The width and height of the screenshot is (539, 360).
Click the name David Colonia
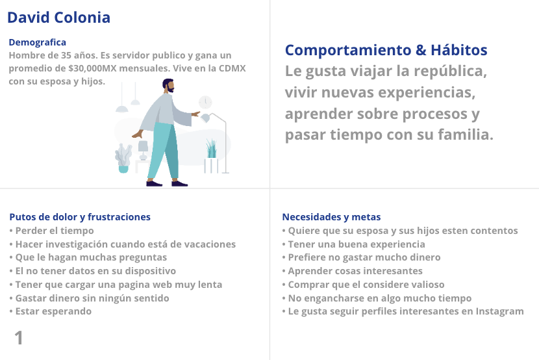[59, 18]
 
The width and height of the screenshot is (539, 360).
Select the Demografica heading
[38, 42]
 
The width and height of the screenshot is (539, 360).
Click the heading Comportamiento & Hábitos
[386, 50]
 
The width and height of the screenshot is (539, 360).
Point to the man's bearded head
[168, 86]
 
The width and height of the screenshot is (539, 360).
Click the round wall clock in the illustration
[205, 102]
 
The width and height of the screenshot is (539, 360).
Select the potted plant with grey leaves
[123, 158]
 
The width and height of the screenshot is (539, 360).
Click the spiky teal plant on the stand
[212, 149]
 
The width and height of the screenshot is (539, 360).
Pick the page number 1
[19, 338]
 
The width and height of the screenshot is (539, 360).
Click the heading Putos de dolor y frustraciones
[80, 217]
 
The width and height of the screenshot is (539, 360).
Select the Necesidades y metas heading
[331, 217]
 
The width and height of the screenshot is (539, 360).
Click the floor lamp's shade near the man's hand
[205, 118]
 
